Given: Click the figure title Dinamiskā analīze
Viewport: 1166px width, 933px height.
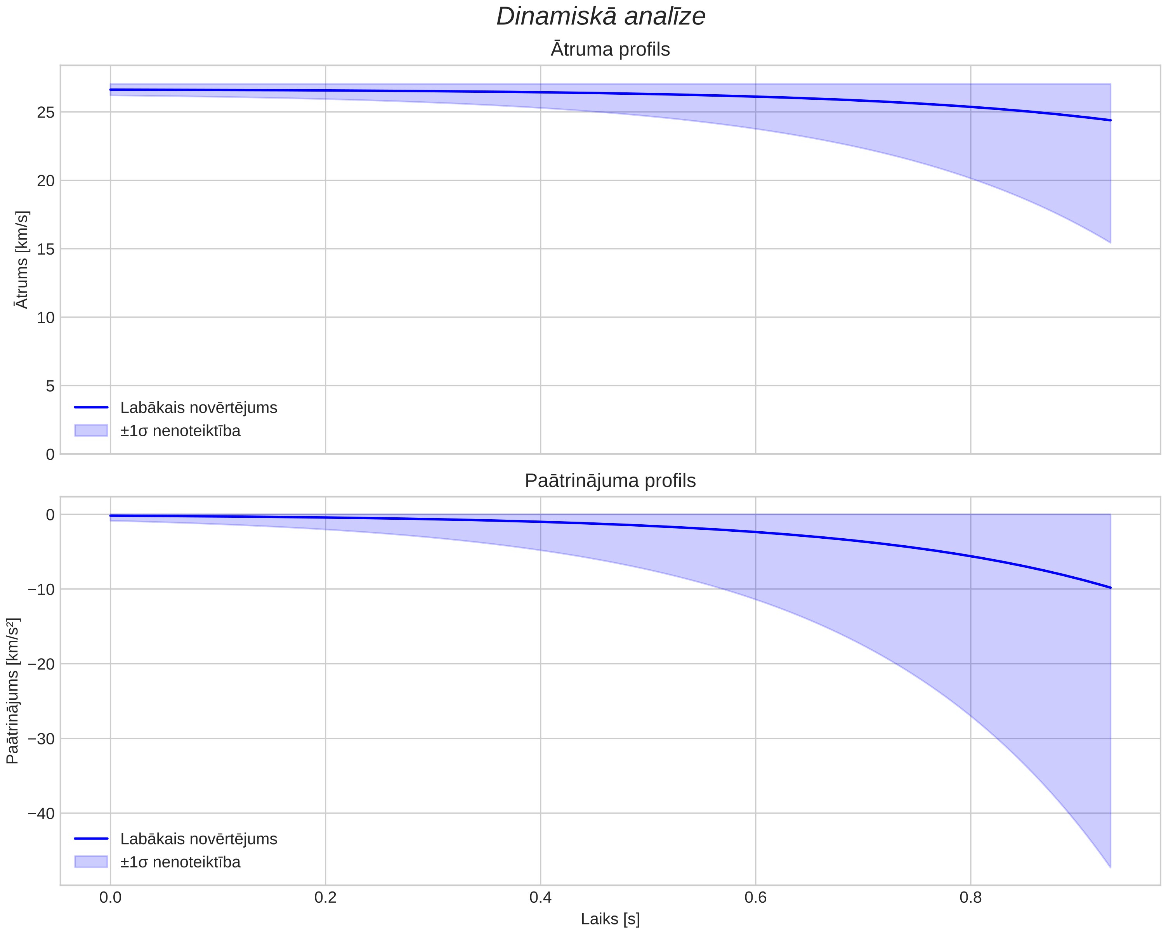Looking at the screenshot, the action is pos(601,16).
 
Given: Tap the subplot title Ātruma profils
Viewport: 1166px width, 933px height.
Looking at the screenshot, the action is pos(610,49).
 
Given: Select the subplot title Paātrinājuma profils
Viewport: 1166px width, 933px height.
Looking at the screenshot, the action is pos(610,481).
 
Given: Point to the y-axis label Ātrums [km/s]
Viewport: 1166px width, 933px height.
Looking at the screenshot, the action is pos(22,260).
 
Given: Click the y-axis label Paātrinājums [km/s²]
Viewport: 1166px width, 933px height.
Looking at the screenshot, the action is pos(12,691).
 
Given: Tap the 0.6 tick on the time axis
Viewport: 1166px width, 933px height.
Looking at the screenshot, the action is pos(755,898).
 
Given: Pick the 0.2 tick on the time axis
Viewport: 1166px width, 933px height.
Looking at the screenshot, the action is pos(326,898).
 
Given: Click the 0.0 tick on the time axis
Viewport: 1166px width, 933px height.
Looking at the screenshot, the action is pos(110,898).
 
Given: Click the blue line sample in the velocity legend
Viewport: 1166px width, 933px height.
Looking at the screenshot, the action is pos(91,407).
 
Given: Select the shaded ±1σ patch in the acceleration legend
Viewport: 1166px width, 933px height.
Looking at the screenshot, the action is pos(91,862).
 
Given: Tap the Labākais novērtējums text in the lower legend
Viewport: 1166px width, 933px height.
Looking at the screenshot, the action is pos(198,839).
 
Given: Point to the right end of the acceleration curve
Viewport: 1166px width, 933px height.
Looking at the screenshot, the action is pos(1110,587).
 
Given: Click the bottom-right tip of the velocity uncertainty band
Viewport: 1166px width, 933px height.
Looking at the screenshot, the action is pos(1110,243).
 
